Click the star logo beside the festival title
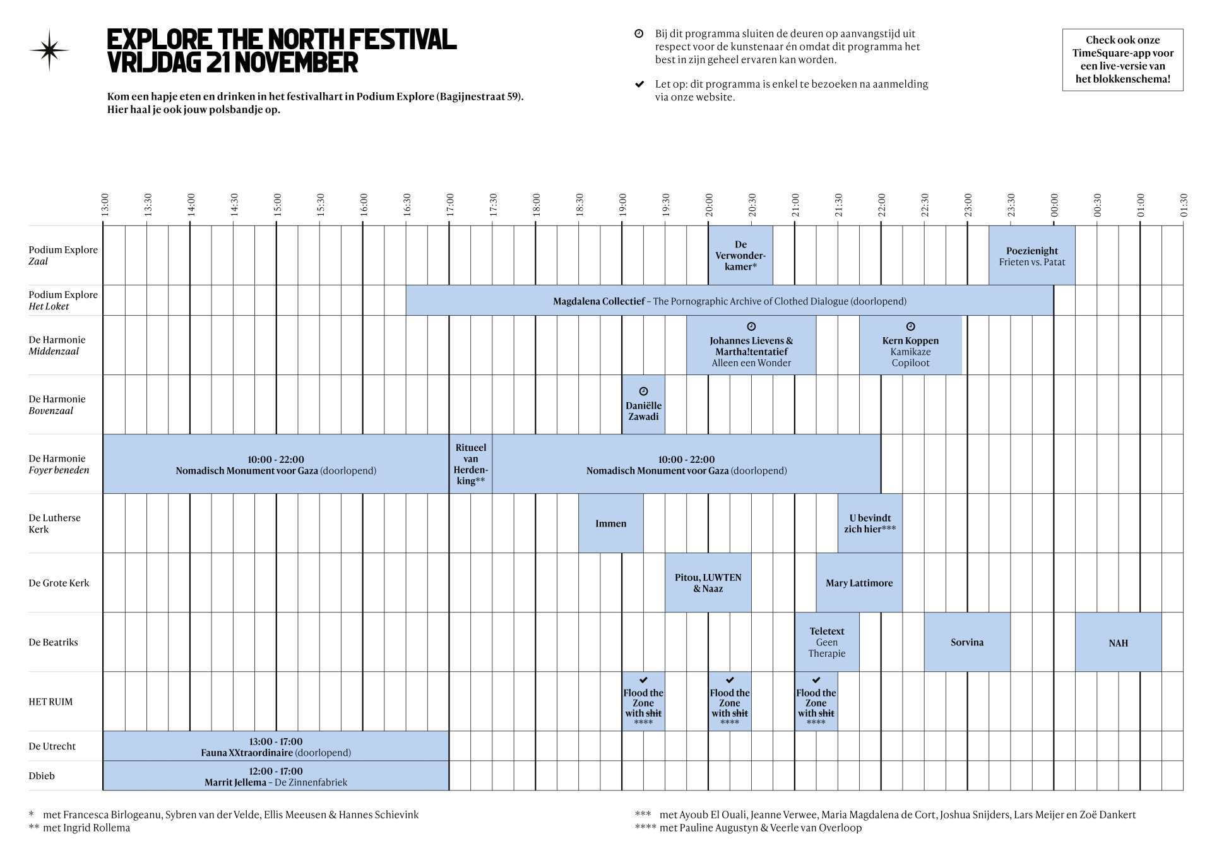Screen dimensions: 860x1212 point(49,50)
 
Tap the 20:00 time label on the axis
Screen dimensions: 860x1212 point(709,205)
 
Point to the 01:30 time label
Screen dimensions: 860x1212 point(1184,205)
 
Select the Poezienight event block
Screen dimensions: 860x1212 point(1031,256)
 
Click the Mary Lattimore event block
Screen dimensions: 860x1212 point(858,583)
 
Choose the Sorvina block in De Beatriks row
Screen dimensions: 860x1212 point(966,642)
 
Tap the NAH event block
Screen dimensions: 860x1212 point(1118,643)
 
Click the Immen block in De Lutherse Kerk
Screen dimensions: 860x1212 point(610,523)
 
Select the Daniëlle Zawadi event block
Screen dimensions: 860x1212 point(643,405)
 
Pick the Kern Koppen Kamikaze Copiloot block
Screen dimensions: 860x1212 point(910,346)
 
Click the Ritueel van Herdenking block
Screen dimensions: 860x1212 point(470,464)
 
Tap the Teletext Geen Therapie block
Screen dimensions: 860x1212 point(826,642)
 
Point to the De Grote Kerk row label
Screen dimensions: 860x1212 point(59,583)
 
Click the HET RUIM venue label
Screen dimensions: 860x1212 point(50,702)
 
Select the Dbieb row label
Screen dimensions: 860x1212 point(42,775)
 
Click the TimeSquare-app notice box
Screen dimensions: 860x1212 point(1122,59)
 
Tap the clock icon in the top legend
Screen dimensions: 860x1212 point(639,33)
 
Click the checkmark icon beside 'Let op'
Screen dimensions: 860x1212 point(639,84)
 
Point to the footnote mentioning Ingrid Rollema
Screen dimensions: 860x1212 point(80,828)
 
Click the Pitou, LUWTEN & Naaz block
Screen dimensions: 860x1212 point(708,583)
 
